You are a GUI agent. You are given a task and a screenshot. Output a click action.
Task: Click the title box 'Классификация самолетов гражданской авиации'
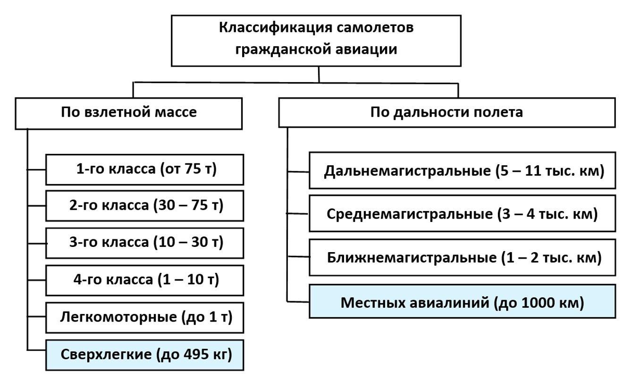(316, 41)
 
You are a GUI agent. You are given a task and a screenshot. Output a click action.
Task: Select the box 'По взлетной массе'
(129, 113)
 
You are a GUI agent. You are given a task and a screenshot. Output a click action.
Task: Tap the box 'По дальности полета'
(447, 113)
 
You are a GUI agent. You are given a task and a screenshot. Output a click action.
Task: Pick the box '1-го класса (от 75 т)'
(145, 169)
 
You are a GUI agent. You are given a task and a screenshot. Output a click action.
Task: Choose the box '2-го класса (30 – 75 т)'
(145, 205)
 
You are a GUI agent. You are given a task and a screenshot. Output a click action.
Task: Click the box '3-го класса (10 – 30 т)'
(145, 243)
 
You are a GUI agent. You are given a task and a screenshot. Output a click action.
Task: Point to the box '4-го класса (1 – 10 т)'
(145, 280)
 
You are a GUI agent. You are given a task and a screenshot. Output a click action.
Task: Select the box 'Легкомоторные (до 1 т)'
(145, 318)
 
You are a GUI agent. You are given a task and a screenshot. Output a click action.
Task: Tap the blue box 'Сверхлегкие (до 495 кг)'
(145, 355)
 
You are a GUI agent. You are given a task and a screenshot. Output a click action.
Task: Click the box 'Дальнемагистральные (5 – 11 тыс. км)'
(463, 170)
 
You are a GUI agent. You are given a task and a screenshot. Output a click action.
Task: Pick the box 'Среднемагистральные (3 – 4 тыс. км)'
(463, 213)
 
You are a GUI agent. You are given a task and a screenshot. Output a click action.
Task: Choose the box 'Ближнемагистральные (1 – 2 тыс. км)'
(463, 257)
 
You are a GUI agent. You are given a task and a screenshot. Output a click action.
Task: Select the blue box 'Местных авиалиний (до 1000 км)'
(463, 302)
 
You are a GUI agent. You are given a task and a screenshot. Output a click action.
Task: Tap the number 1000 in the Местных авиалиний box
(537, 303)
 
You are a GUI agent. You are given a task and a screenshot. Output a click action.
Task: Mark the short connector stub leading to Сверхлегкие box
(37, 350)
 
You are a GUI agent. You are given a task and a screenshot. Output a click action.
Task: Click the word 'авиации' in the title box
(366, 49)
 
